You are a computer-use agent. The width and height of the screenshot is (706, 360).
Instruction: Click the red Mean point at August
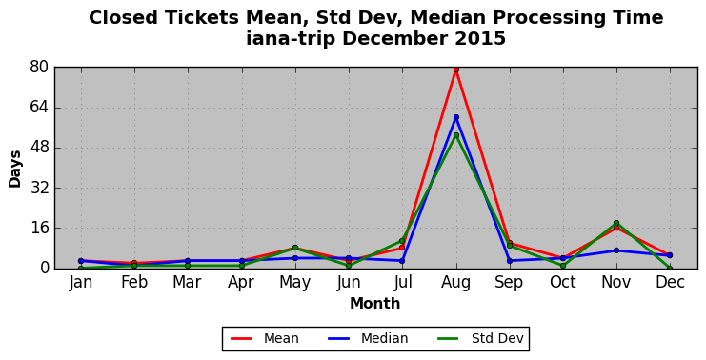click(x=456, y=70)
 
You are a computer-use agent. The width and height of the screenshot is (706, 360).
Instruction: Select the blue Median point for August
click(x=456, y=117)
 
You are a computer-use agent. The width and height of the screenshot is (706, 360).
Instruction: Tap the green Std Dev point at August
click(x=456, y=135)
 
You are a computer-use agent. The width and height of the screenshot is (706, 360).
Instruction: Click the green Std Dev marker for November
click(x=616, y=223)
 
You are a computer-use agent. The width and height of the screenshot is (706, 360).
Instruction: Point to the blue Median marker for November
click(x=616, y=250)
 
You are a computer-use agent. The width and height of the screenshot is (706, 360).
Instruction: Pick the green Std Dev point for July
click(x=402, y=241)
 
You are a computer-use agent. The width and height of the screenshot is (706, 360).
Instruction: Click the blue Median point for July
click(x=402, y=261)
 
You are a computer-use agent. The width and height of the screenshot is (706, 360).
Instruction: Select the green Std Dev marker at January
click(x=81, y=269)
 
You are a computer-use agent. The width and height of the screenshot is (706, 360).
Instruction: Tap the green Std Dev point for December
click(x=670, y=269)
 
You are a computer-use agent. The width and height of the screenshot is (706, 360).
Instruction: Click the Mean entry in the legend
click(x=265, y=338)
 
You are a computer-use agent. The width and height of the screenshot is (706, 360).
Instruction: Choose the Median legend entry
click(x=368, y=338)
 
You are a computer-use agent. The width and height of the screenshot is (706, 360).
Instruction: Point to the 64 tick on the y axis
click(x=39, y=108)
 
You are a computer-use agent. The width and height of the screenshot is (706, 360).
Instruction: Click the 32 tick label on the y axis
click(x=39, y=188)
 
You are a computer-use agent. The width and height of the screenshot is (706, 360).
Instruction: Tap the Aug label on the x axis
click(x=456, y=283)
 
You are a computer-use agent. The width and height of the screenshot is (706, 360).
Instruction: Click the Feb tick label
click(x=134, y=282)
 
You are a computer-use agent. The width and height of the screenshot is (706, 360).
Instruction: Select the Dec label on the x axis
click(x=670, y=282)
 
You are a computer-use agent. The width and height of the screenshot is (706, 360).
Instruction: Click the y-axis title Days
click(x=15, y=169)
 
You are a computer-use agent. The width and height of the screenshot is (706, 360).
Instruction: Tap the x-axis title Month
click(x=375, y=303)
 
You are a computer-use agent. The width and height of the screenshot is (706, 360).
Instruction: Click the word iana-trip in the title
click(x=291, y=39)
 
